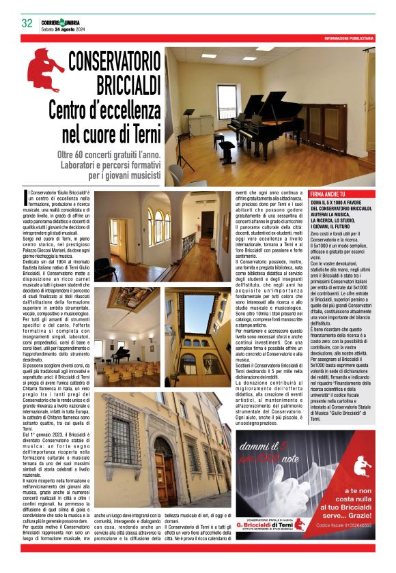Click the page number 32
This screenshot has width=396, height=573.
[27, 23]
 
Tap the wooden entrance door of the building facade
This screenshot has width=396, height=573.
[164, 474]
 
